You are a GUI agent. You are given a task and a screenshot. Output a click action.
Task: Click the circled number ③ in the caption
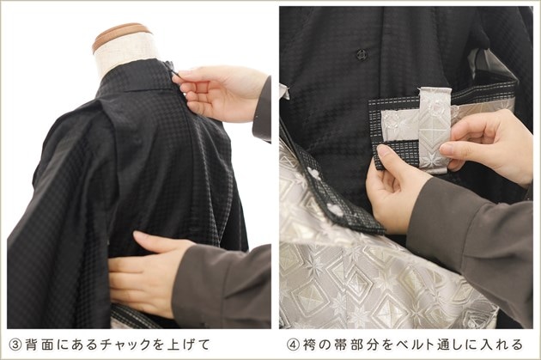coord(15,345)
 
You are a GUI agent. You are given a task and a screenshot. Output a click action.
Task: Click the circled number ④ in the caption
coord(294,345)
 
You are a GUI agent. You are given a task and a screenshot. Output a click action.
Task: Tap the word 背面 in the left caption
coord(39,345)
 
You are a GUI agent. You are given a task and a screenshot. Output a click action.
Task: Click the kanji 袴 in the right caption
coord(309,345)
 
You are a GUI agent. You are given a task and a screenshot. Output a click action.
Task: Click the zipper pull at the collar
coord(174,72)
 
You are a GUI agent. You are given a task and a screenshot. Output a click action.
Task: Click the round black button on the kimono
coord(362,54)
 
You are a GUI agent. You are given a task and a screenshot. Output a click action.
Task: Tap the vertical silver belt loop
coord(434,130)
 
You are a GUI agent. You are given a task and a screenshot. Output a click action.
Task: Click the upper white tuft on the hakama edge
coord(314,174)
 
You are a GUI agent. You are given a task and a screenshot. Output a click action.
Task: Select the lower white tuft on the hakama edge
coord(334,210)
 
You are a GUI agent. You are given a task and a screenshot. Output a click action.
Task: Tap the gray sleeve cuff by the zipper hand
coord(262,111)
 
